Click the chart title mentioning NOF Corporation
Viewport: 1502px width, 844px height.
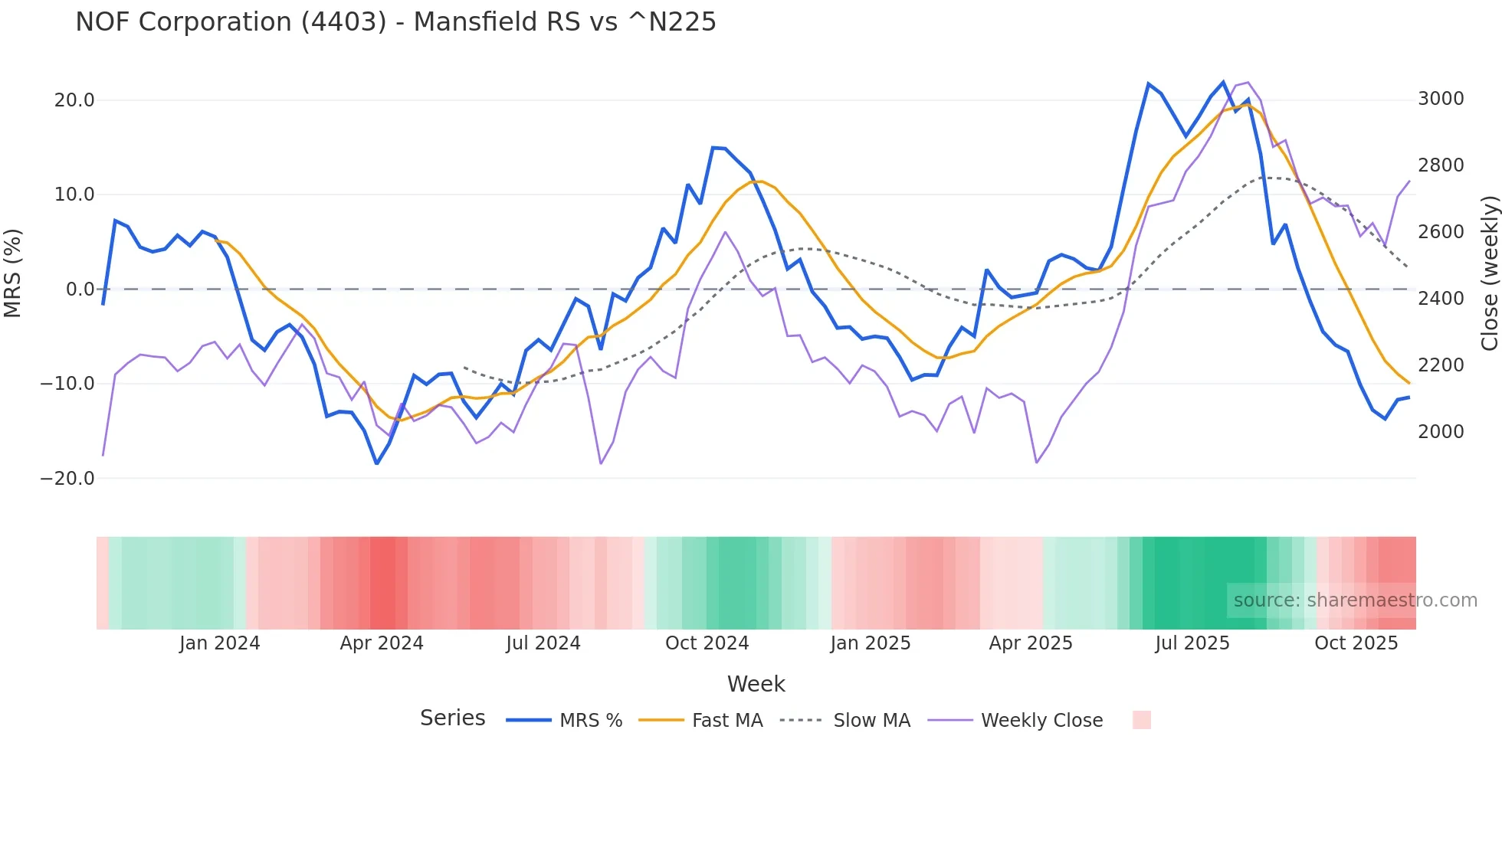coord(395,22)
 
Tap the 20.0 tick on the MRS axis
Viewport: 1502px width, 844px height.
coord(74,100)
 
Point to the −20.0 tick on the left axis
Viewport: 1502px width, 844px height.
coord(67,479)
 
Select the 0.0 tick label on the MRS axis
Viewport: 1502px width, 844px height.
coord(80,290)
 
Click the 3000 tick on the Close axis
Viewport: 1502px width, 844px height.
coord(1441,99)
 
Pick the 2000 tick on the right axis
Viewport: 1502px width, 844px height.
coord(1441,432)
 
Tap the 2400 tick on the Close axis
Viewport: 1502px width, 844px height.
coord(1441,299)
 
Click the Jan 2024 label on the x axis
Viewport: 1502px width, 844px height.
coord(220,643)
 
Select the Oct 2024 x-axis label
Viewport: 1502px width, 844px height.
coord(707,643)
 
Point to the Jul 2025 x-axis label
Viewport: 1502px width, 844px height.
coord(1192,643)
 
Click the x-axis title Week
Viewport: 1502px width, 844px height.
coord(756,684)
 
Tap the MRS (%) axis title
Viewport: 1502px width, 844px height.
coord(12,273)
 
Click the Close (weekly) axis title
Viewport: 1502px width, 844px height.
coord(1489,273)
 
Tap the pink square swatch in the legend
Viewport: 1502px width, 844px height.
coord(1141,720)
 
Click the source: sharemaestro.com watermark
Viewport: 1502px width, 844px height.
coord(1355,600)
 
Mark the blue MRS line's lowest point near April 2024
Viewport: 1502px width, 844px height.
coord(376,463)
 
